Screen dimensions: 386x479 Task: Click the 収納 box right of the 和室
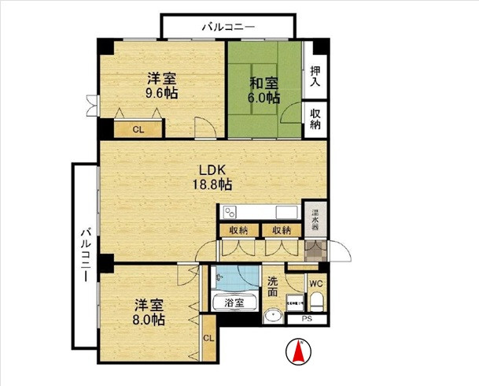[315, 119]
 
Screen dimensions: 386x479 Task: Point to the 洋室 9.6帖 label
[161, 85]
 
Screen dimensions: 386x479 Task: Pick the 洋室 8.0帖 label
[149, 313]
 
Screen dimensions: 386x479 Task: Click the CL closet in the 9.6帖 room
[138, 130]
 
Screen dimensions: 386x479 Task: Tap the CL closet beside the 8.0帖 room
[208, 338]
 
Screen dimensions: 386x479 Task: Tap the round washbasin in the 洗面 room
[275, 316]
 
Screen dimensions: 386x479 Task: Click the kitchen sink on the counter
[284, 213]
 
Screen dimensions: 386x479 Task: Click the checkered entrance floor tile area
[314, 251]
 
